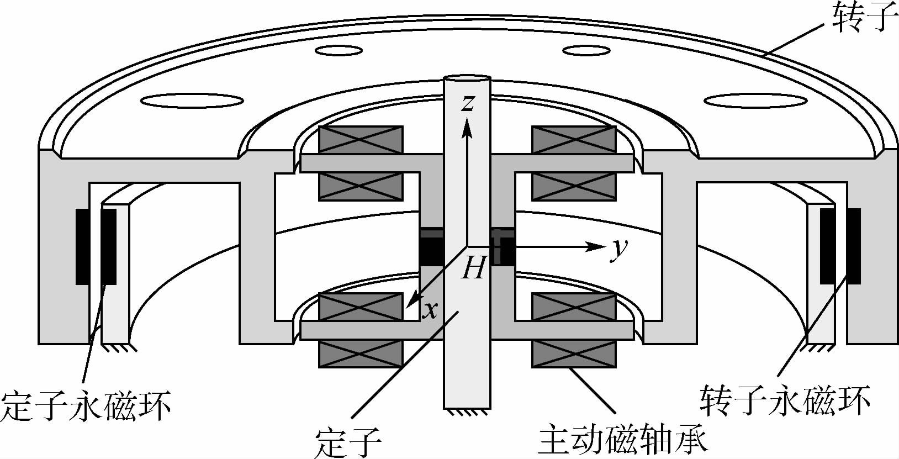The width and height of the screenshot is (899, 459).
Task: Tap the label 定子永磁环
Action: tap(86, 406)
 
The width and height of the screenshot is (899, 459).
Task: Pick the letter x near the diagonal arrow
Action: tap(430, 311)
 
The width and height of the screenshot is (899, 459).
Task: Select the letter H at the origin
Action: tap(474, 269)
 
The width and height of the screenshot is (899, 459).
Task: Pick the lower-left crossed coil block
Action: tap(361, 330)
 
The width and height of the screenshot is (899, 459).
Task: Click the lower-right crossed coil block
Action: tap(573, 330)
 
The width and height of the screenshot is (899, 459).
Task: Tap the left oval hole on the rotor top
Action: tap(192, 101)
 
